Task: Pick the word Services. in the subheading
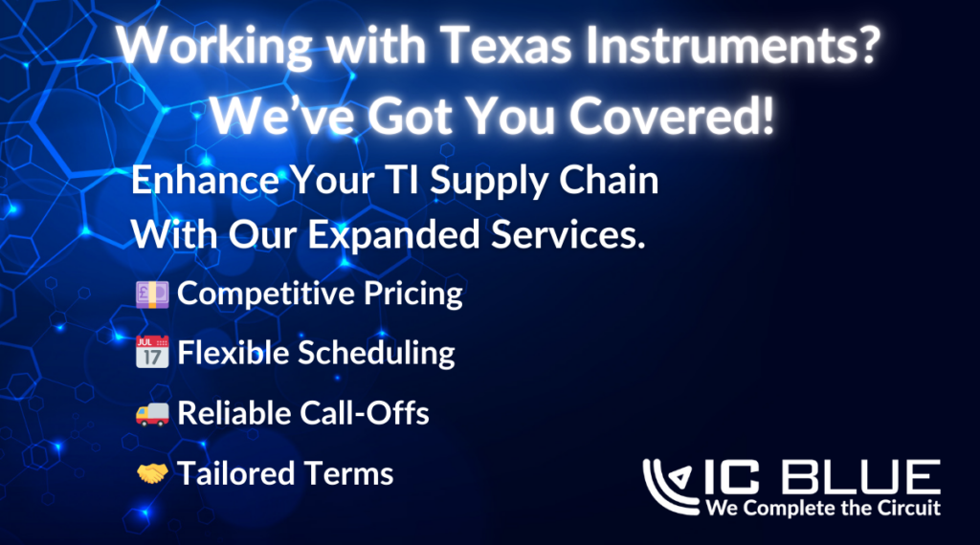click(x=568, y=234)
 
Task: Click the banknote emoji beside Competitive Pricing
click(x=152, y=294)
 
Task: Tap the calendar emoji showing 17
click(x=152, y=352)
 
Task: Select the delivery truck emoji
click(x=152, y=413)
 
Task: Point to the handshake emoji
click(x=152, y=473)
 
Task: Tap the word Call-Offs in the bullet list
click(x=365, y=413)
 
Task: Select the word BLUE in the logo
click(x=861, y=477)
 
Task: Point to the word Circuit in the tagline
click(x=909, y=508)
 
